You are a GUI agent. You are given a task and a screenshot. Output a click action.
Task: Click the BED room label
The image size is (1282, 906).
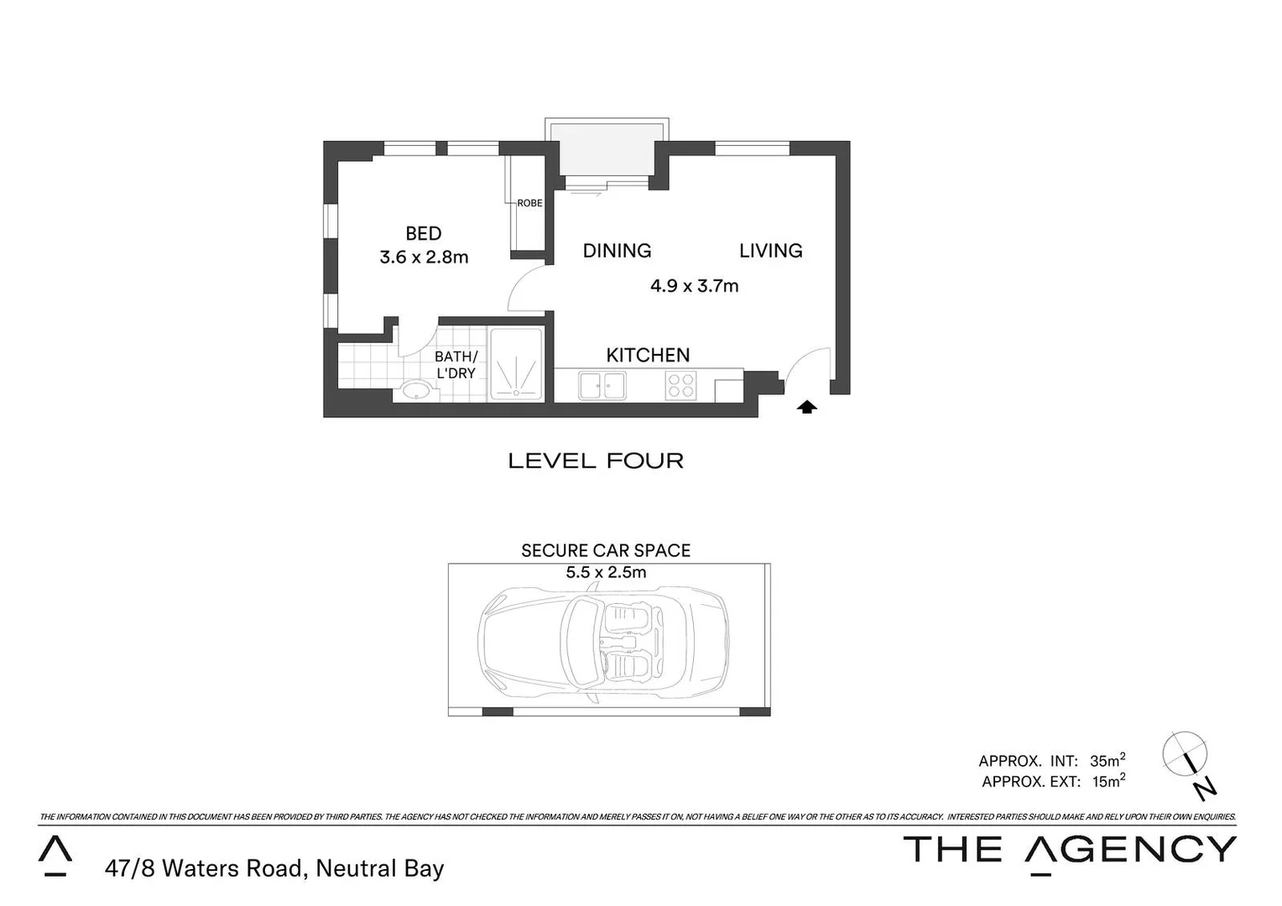[x=423, y=234]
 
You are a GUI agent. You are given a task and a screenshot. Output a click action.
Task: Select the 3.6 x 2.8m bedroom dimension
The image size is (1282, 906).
[x=424, y=258]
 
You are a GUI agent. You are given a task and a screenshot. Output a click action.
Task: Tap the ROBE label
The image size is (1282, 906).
[x=529, y=203]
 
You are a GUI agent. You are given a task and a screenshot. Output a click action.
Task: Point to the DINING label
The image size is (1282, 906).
[x=617, y=251]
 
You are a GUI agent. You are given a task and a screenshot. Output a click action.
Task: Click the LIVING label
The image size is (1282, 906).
[x=770, y=251]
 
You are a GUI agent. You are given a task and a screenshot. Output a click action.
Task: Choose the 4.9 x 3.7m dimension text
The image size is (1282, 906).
[x=694, y=286]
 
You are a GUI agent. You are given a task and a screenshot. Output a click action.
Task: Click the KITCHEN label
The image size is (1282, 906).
[x=648, y=356]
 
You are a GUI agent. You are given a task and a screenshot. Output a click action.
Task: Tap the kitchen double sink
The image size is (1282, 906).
[x=602, y=386]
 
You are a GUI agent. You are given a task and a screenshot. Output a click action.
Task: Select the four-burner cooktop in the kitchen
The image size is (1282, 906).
[x=680, y=386]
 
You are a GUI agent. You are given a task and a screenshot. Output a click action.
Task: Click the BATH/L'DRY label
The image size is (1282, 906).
[x=456, y=365]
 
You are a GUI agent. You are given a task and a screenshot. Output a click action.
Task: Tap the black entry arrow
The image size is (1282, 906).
[x=806, y=408]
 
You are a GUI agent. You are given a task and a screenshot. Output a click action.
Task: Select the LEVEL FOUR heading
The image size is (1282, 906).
[x=596, y=461]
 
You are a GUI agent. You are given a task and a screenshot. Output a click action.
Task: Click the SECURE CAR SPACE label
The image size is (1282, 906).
[x=606, y=551]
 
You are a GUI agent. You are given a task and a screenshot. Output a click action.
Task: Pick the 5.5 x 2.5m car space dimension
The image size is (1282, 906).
[x=606, y=573]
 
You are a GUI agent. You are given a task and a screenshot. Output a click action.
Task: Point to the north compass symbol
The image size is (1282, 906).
[x=1187, y=760]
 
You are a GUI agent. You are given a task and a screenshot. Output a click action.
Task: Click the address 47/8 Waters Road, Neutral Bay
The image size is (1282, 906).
[x=274, y=869]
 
